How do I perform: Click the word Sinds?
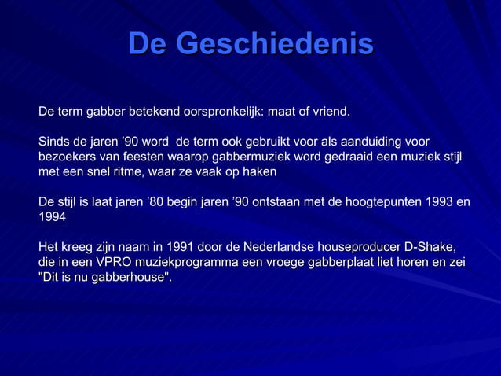55,142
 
